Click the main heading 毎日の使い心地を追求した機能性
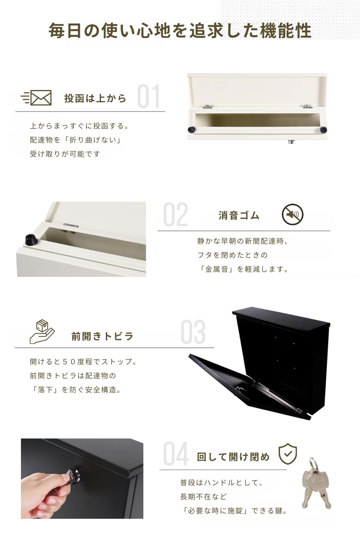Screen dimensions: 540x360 tap(180, 31)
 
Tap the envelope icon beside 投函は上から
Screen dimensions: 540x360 tap(37, 98)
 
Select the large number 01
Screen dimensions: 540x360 tap(148, 96)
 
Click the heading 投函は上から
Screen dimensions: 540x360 tap(95, 98)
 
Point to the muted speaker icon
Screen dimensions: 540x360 tap(292, 215)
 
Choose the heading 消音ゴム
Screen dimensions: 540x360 tap(239, 215)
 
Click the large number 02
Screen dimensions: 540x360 tap(175, 215)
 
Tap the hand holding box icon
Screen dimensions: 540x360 tap(42, 331)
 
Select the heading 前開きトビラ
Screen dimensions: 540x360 tap(102, 336)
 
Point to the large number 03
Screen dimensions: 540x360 tap(193, 332)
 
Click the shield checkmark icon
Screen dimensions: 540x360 tap(288, 454)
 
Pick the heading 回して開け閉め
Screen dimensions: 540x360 tap(233, 457)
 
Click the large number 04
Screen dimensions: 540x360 tap(175, 454)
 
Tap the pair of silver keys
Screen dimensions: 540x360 tap(315, 482)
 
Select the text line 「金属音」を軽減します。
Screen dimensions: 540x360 tap(243, 269)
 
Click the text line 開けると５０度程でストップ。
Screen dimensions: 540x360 tap(83, 361)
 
